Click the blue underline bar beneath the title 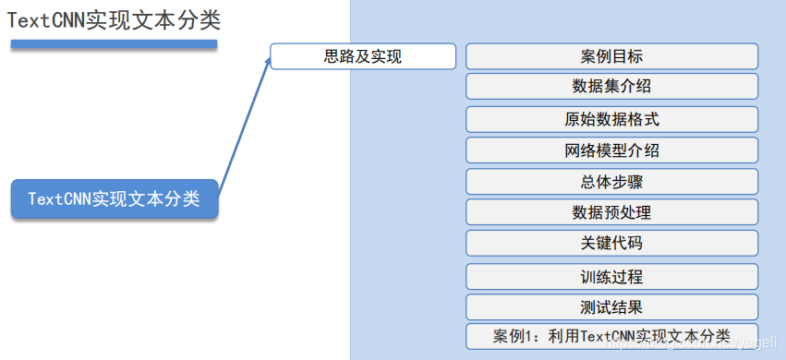tap(114, 43)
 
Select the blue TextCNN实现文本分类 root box tap(115, 198)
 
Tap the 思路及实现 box tap(363, 56)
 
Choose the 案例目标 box tap(611, 56)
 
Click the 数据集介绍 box tap(611, 87)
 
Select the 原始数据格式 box tap(611, 119)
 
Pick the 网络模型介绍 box tap(611, 150)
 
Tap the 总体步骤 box tap(611, 182)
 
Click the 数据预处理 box tap(611, 213)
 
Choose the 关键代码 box tap(611, 244)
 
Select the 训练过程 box tap(611, 277)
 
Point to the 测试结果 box tap(611, 307)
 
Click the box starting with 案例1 tap(611, 336)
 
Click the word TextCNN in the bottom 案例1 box tap(611, 336)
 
